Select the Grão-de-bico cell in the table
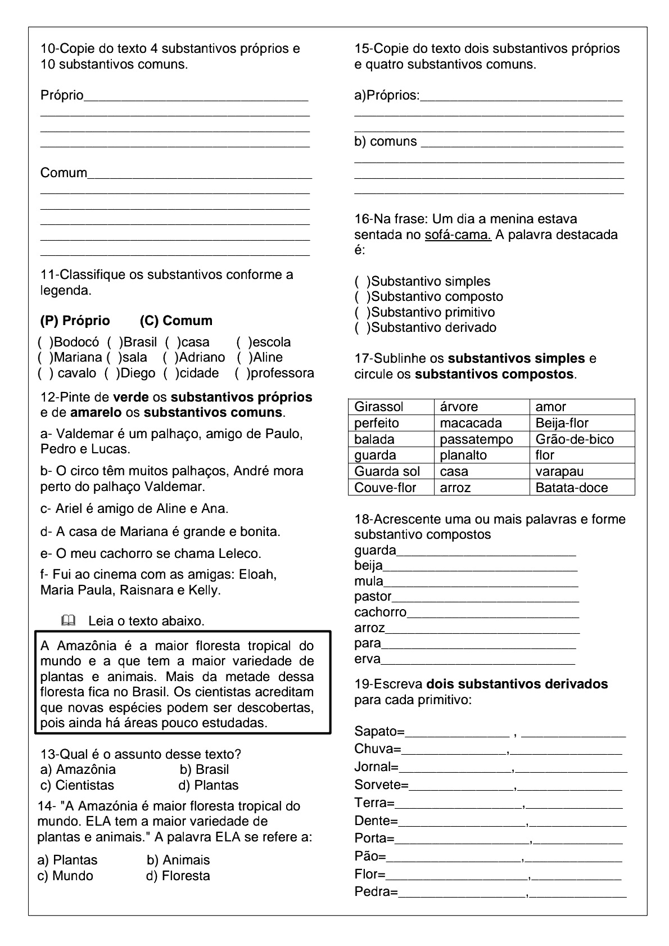[574, 439]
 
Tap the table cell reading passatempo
[476, 439]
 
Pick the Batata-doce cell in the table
[571, 488]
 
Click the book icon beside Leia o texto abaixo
[68, 621]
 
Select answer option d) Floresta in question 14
[178, 876]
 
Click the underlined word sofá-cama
[458, 235]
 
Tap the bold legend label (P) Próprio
[75, 321]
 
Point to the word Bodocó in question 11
[76, 342]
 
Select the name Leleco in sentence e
[239, 553]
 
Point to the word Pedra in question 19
[373, 891]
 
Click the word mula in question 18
[368, 581]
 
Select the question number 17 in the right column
[361, 358]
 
